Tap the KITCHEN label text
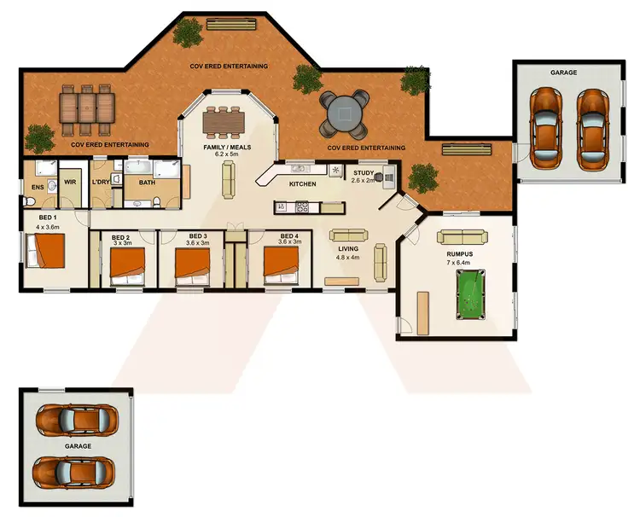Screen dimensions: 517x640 pyautogui.click(x=303, y=184)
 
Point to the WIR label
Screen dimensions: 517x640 pyautogui.click(x=72, y=182)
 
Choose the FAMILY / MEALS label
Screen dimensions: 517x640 pyautogui.click(x=225, y=148)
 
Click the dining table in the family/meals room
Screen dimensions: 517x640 pyautogui.click(x=225, y=123)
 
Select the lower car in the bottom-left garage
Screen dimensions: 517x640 pyautogui.click(x=74, y=470)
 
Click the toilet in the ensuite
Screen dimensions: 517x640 pyautogui.click(x=29, y=200)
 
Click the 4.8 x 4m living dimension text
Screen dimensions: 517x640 pyautogui.click(x=348, y=257)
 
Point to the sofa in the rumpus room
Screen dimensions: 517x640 pyautogui.click(x=459, y=235)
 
